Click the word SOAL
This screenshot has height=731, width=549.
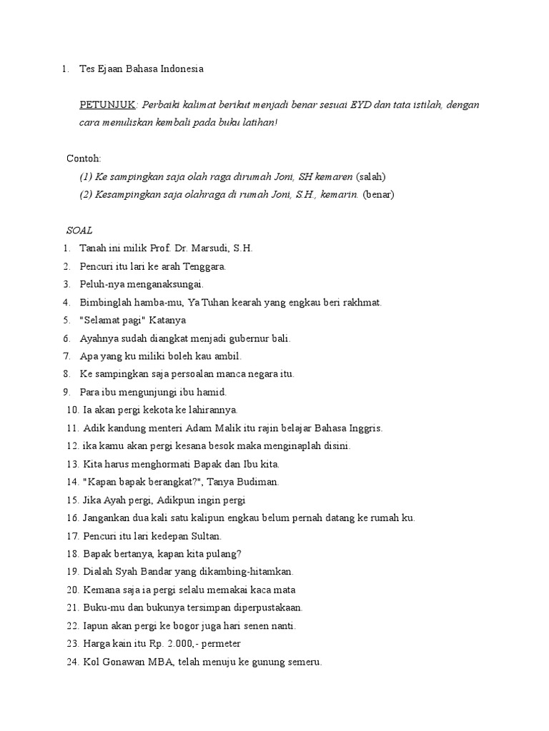tap(79, 231)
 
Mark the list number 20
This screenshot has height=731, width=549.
tap(71, 590)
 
